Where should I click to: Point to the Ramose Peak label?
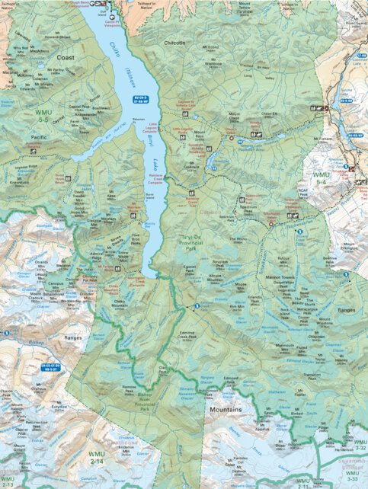tap(130, 388)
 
